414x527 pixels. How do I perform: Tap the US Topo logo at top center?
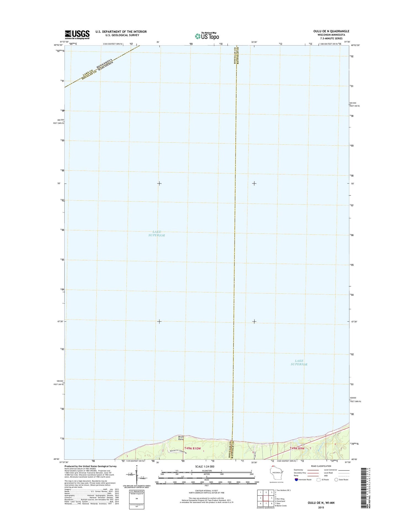click(x=207, y=36)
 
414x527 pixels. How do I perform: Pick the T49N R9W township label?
click(x=297, y=456)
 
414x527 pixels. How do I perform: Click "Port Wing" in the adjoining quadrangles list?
click(x=280, y=499)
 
